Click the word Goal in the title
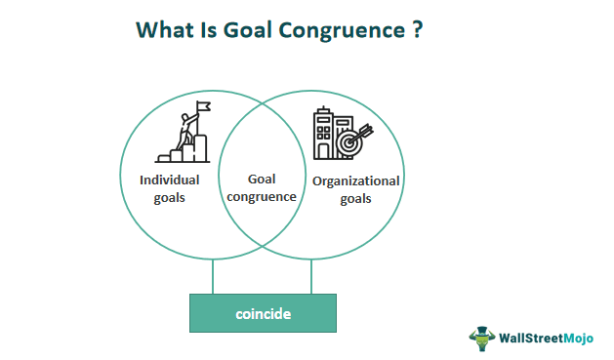click(x=235, y=30)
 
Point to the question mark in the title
click(x=416, y=30)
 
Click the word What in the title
click(x=162, y=30)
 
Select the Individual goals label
click(x=169, y=188)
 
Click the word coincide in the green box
click(x=263, y=314)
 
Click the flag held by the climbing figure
click(x=204, y=106)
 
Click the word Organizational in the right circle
click(x=356, y=180)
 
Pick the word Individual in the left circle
click(x=169, y=180)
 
